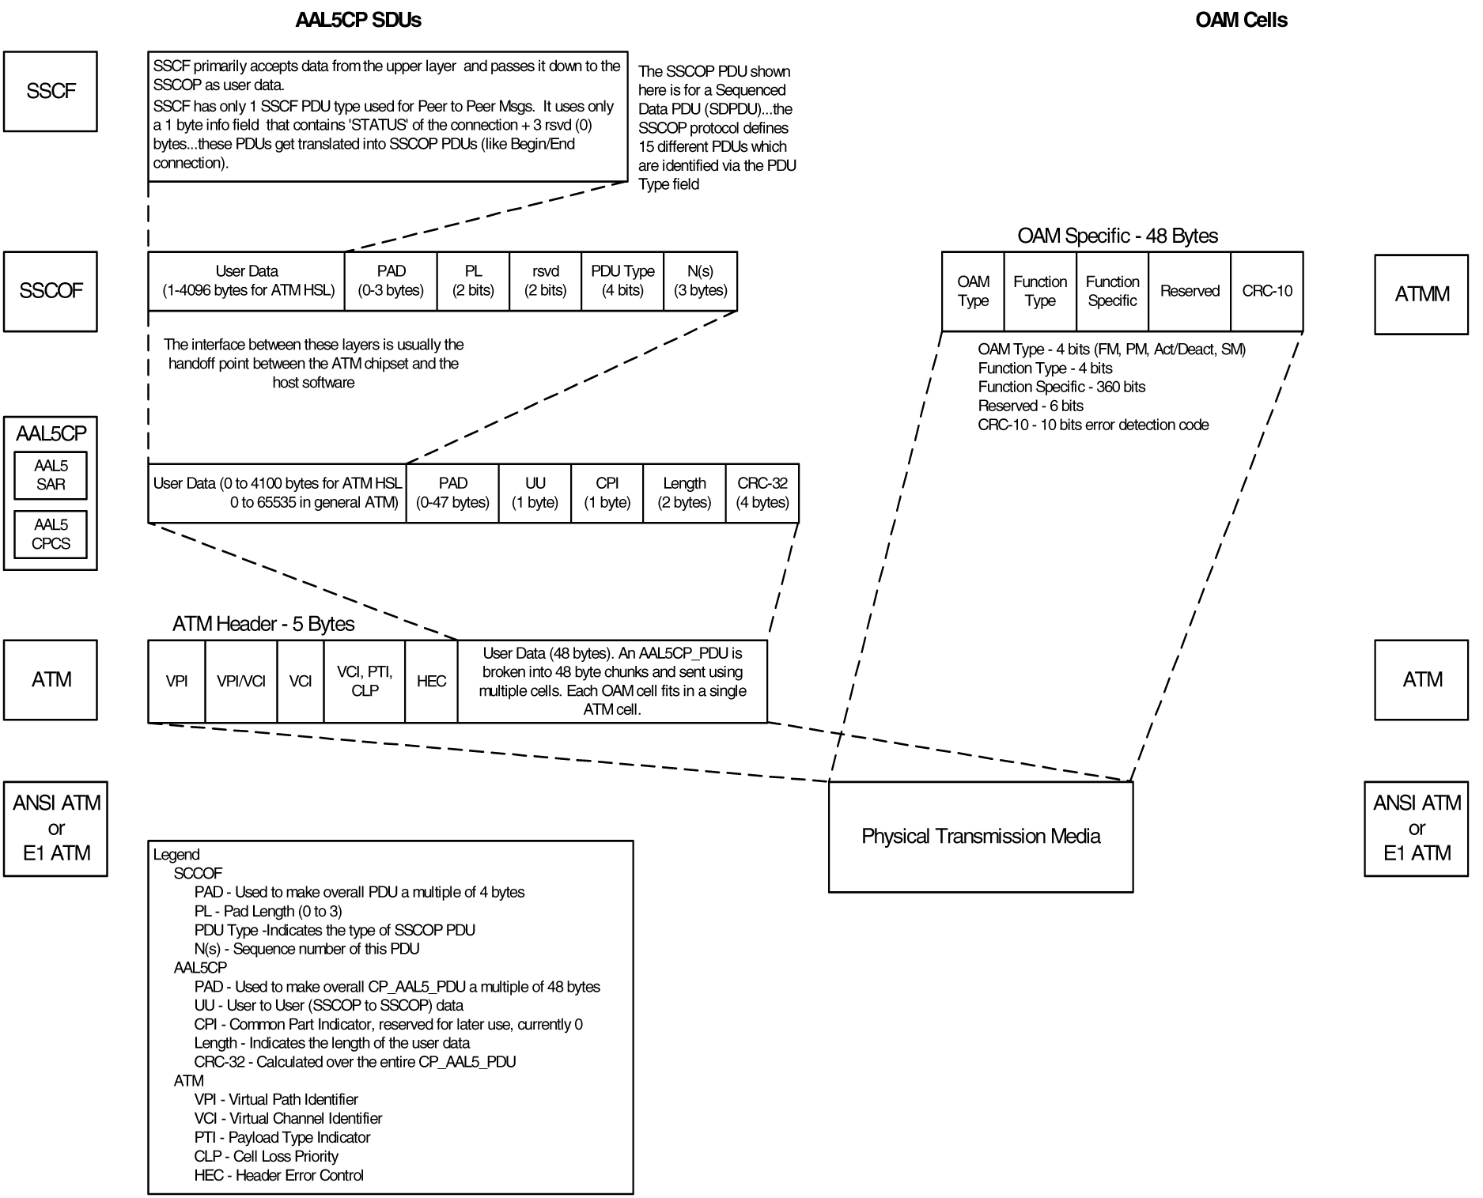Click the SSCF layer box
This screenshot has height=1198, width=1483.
point(51,91)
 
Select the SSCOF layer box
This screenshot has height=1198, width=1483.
point(51,291)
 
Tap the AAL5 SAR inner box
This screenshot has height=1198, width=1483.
point(51,475)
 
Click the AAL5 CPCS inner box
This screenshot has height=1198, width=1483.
point(51,534)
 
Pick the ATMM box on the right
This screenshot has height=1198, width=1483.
point(1421,294)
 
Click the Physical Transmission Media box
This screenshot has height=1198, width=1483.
point(980,837)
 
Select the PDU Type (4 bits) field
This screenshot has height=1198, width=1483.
point(622,281)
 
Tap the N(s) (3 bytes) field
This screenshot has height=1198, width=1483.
point(700,281)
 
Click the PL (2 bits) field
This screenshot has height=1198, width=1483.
point(473,281)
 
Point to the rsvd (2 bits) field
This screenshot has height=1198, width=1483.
point(545,281)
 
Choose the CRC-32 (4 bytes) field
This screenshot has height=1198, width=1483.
point(762,493)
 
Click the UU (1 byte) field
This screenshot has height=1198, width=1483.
point(535,493)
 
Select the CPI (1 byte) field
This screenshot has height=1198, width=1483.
point(607,493)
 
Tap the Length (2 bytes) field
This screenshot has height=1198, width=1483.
point(684,493)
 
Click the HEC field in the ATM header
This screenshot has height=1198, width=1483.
point(431,681)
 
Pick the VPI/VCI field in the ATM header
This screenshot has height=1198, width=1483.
point(240,681)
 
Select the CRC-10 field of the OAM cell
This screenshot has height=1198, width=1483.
point(1266,291)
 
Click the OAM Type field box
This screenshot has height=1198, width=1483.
point(973,291)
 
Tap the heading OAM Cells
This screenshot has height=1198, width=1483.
point(1241,20)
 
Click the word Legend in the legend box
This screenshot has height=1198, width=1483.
point(176,854)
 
